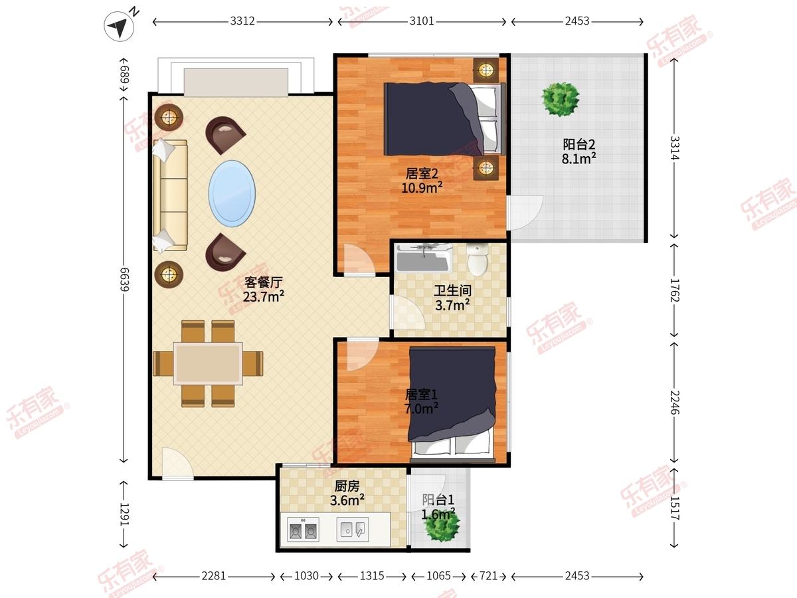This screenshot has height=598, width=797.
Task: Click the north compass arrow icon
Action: (119, 26)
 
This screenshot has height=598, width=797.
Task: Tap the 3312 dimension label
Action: (242, 21)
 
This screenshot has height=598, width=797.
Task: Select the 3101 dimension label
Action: (422, 21)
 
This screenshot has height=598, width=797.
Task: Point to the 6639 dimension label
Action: (125, 279)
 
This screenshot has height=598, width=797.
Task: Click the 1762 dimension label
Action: (675, 290)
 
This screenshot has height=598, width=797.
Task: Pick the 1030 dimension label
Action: (306, 576)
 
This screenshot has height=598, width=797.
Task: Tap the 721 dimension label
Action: (488, 576)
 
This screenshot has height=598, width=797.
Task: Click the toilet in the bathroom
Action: (478, 260)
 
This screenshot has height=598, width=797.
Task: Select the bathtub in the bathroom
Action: (424, 258)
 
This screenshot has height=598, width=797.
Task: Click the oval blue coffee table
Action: (232, 193)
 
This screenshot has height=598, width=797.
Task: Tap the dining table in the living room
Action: (208, 363)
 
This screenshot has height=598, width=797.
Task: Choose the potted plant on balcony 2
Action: (561, 99)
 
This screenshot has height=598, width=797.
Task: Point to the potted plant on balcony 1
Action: (442, 526)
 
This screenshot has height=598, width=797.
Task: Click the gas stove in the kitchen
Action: (303, 530)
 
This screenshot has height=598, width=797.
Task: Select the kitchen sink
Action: (353, 530)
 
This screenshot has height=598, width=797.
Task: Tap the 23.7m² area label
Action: (263, 296)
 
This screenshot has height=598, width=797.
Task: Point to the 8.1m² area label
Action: (578, 159)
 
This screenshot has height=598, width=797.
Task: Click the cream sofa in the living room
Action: (170, 195)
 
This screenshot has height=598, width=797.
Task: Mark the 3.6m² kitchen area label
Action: (347, 500)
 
